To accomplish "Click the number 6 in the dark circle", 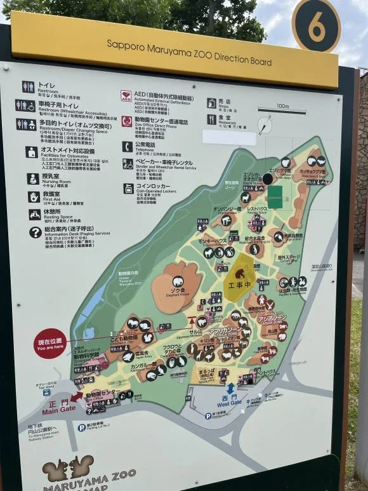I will [316, 26].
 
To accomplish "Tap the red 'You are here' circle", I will [50, 344].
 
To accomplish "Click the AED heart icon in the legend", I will [126, 96].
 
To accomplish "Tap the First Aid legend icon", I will [34, 197].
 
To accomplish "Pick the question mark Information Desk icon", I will [34, 232].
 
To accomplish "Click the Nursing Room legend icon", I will [33, 179].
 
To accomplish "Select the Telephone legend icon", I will [128, 147].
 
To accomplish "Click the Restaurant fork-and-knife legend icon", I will [211, 119].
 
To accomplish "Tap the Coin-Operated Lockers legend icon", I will [128, 189].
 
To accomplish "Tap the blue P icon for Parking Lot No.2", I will [82, 427].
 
